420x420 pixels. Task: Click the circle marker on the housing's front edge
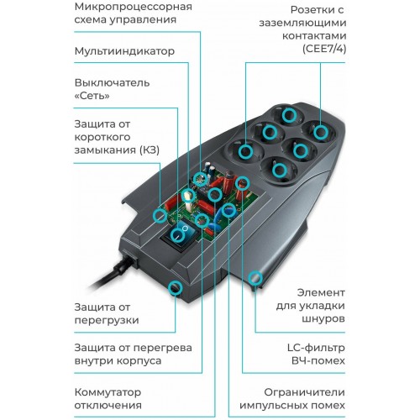click(176, 289)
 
